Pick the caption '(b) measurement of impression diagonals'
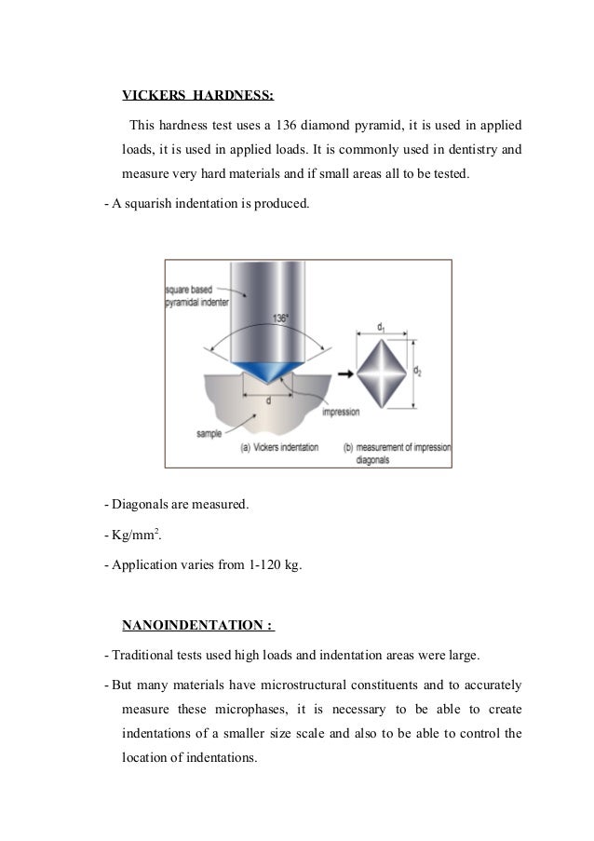[397, 453]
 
